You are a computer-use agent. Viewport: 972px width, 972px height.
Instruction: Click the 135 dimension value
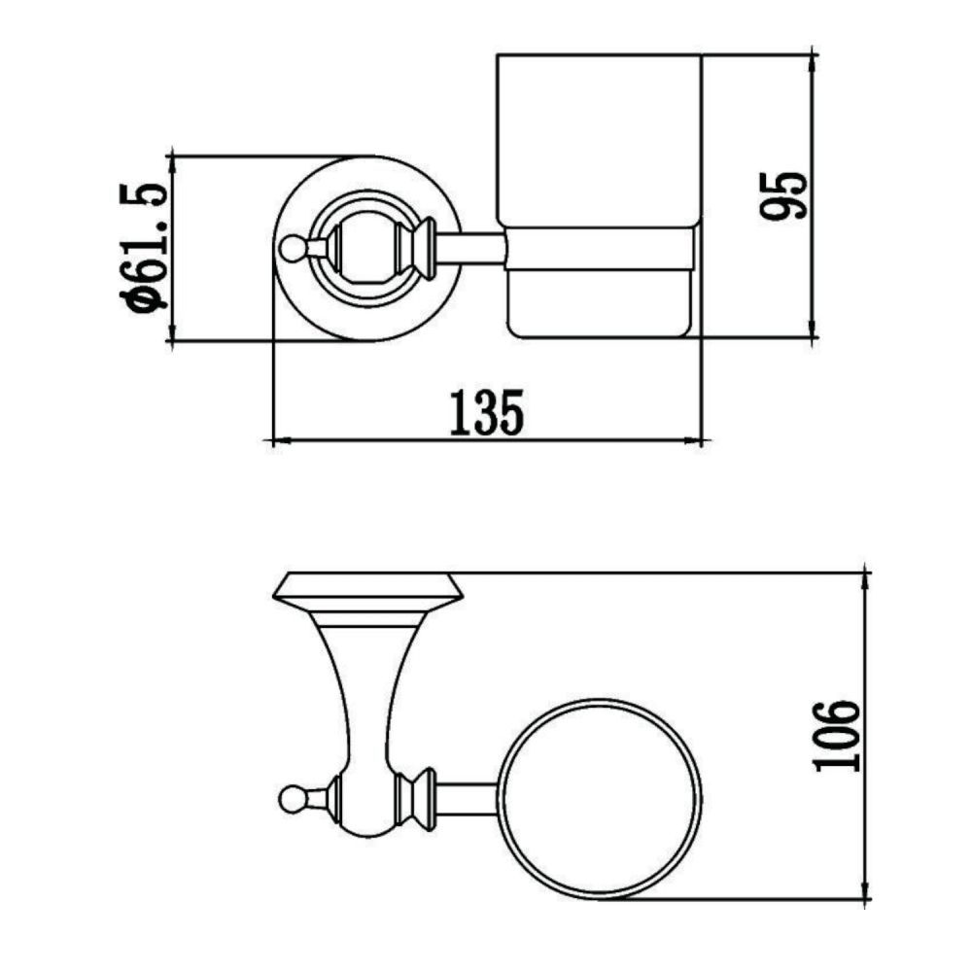tap(486, 412)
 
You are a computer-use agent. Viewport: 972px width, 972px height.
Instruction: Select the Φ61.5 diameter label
tap(142, 247)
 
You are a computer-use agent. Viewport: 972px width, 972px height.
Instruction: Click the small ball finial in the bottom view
tap(289, 799)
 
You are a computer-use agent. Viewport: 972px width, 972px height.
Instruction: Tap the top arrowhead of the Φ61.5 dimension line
tap(170, 161)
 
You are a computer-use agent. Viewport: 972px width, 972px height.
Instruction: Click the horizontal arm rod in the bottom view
tap(470, 797)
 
